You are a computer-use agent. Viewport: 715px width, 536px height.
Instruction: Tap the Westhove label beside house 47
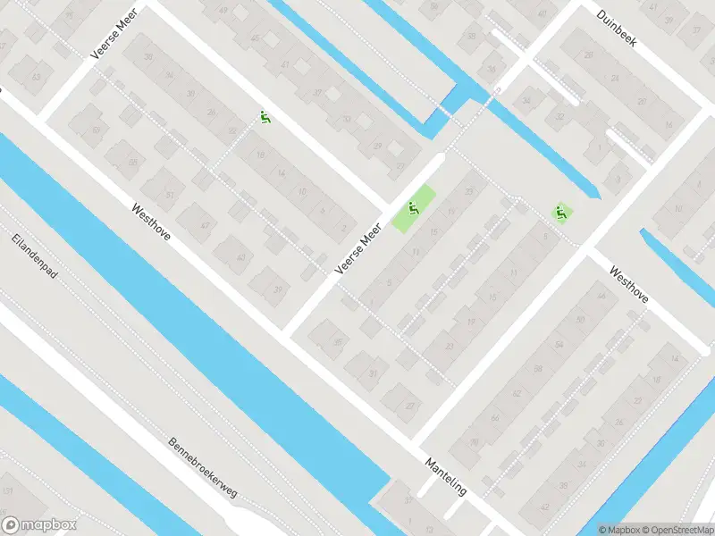151,224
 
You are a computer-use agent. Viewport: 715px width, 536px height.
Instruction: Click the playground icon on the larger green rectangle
413,210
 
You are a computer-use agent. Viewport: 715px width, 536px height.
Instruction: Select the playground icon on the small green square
561,213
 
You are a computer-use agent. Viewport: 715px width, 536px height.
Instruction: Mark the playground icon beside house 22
265,116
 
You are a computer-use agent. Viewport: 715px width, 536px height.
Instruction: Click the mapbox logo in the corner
39,524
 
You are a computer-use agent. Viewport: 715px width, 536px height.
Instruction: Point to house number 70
474,442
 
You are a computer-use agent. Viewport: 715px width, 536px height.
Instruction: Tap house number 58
538,368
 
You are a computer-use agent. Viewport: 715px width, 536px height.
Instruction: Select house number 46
598,295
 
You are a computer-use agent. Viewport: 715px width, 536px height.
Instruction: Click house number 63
36,77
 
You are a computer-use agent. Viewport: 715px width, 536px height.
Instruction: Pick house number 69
133,162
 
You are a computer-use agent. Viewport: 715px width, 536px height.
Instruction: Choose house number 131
9,491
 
